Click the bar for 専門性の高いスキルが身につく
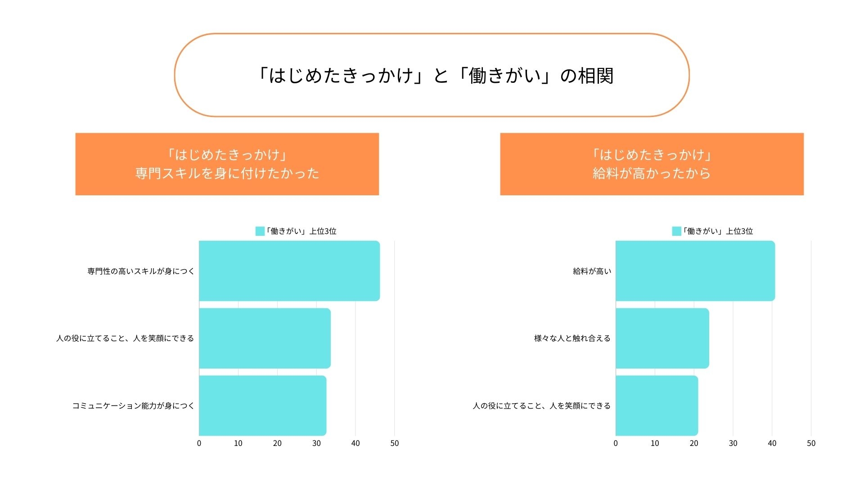(289, 271)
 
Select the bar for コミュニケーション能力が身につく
(262, 405)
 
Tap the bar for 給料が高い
(695, 271)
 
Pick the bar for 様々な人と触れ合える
(662, 338)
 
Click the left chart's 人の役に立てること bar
(265, 338)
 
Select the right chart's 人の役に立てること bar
(657, 405)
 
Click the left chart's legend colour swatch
(260, 231)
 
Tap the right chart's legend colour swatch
(676, 231)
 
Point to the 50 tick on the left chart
(395, 443)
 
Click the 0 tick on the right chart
(616, 443)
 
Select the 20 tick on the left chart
(277, 443)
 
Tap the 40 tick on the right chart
(772, 443)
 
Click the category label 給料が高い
(592, 271)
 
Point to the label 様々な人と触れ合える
(572, 338)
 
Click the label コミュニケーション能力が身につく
(133, 406)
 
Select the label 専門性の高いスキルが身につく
(141, 271)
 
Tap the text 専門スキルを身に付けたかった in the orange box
(227, 173)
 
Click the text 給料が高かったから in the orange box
(652, 173)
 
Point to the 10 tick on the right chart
(655, 443)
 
